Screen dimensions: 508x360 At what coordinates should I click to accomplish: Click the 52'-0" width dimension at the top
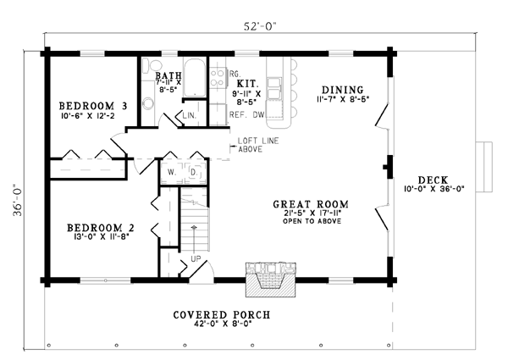(260, 26)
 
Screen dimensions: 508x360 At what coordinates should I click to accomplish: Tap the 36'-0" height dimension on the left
(18, 201)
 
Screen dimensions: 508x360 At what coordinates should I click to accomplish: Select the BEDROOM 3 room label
(92, 106)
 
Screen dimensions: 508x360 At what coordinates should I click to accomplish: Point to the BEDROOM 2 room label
(101, 228)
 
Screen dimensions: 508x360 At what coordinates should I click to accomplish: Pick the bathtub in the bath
(195, 77)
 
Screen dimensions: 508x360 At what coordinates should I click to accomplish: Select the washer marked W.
(172, 173)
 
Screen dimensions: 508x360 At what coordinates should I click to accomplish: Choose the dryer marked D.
(195, 173)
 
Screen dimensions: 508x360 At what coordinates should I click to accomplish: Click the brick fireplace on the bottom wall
(271, 280)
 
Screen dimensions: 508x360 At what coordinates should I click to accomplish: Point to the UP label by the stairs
(196, 258)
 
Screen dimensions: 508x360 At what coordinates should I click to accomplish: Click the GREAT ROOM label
(311, 204)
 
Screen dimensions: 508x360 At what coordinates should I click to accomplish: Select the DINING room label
(342, 90)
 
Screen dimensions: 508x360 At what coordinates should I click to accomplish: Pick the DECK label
(433, 180)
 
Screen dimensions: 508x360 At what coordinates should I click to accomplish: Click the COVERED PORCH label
(222, 314)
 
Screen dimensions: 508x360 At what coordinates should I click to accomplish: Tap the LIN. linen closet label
(189, 115)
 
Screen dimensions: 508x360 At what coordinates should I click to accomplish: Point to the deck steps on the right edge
(484, 167)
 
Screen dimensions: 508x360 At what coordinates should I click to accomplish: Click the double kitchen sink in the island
(274, 88)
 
